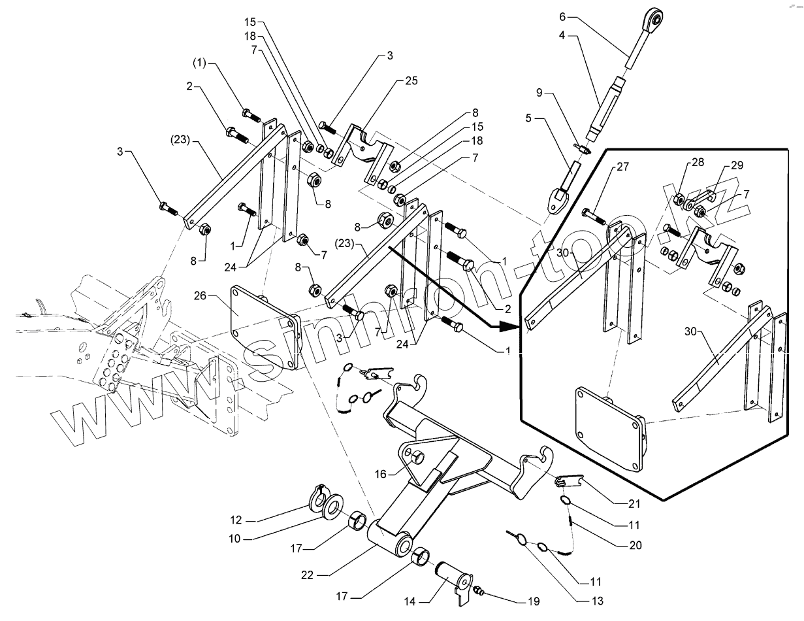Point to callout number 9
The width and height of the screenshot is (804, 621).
click(x=539, y=93)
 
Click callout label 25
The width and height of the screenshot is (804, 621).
click(x=411, y=81)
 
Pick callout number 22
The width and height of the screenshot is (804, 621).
click(x=307, y=575)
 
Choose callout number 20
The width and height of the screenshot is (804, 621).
click(x=635, y=545)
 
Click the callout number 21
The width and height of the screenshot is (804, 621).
click(x=634, y=504)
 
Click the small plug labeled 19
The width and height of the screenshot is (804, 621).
click(x=479, y=592)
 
